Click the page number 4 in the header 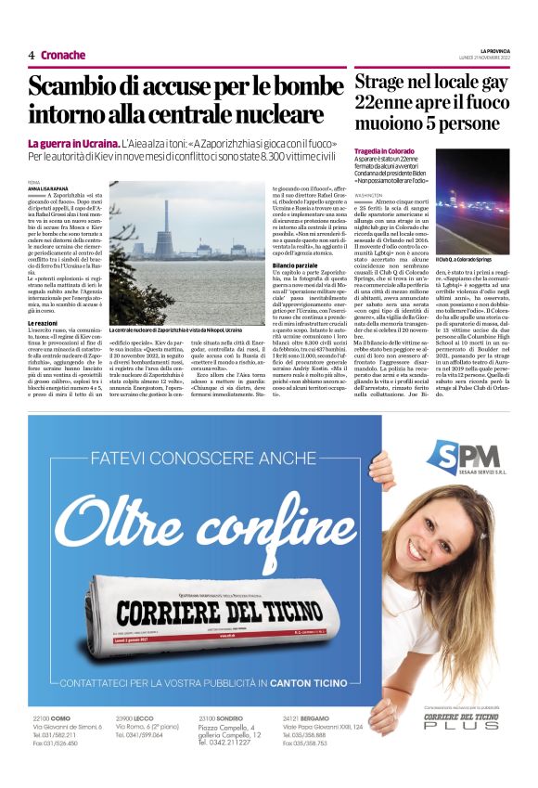(x=31, y=56)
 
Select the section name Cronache (x=64, y=56)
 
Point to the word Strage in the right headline (x=385, y=82)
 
